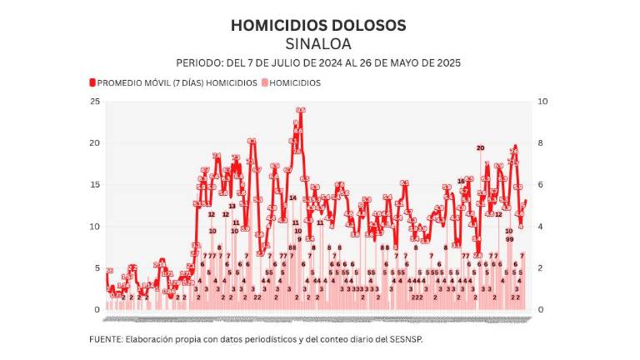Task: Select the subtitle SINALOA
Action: [318, 43]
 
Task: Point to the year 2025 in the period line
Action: [447, 63]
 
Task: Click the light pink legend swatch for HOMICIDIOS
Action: [266, 83]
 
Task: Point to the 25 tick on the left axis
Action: [95, 102]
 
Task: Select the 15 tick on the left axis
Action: [95, 185]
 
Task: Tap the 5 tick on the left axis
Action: [97, 268]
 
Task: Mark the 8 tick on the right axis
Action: [541, 143]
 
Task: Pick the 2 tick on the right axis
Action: [541, 268]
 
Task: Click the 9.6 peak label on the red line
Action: [301, 110]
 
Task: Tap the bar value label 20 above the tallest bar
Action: [480, 147]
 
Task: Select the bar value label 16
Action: [461, 181]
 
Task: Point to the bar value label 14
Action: [293, 197]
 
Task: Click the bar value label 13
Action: [232, 206]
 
